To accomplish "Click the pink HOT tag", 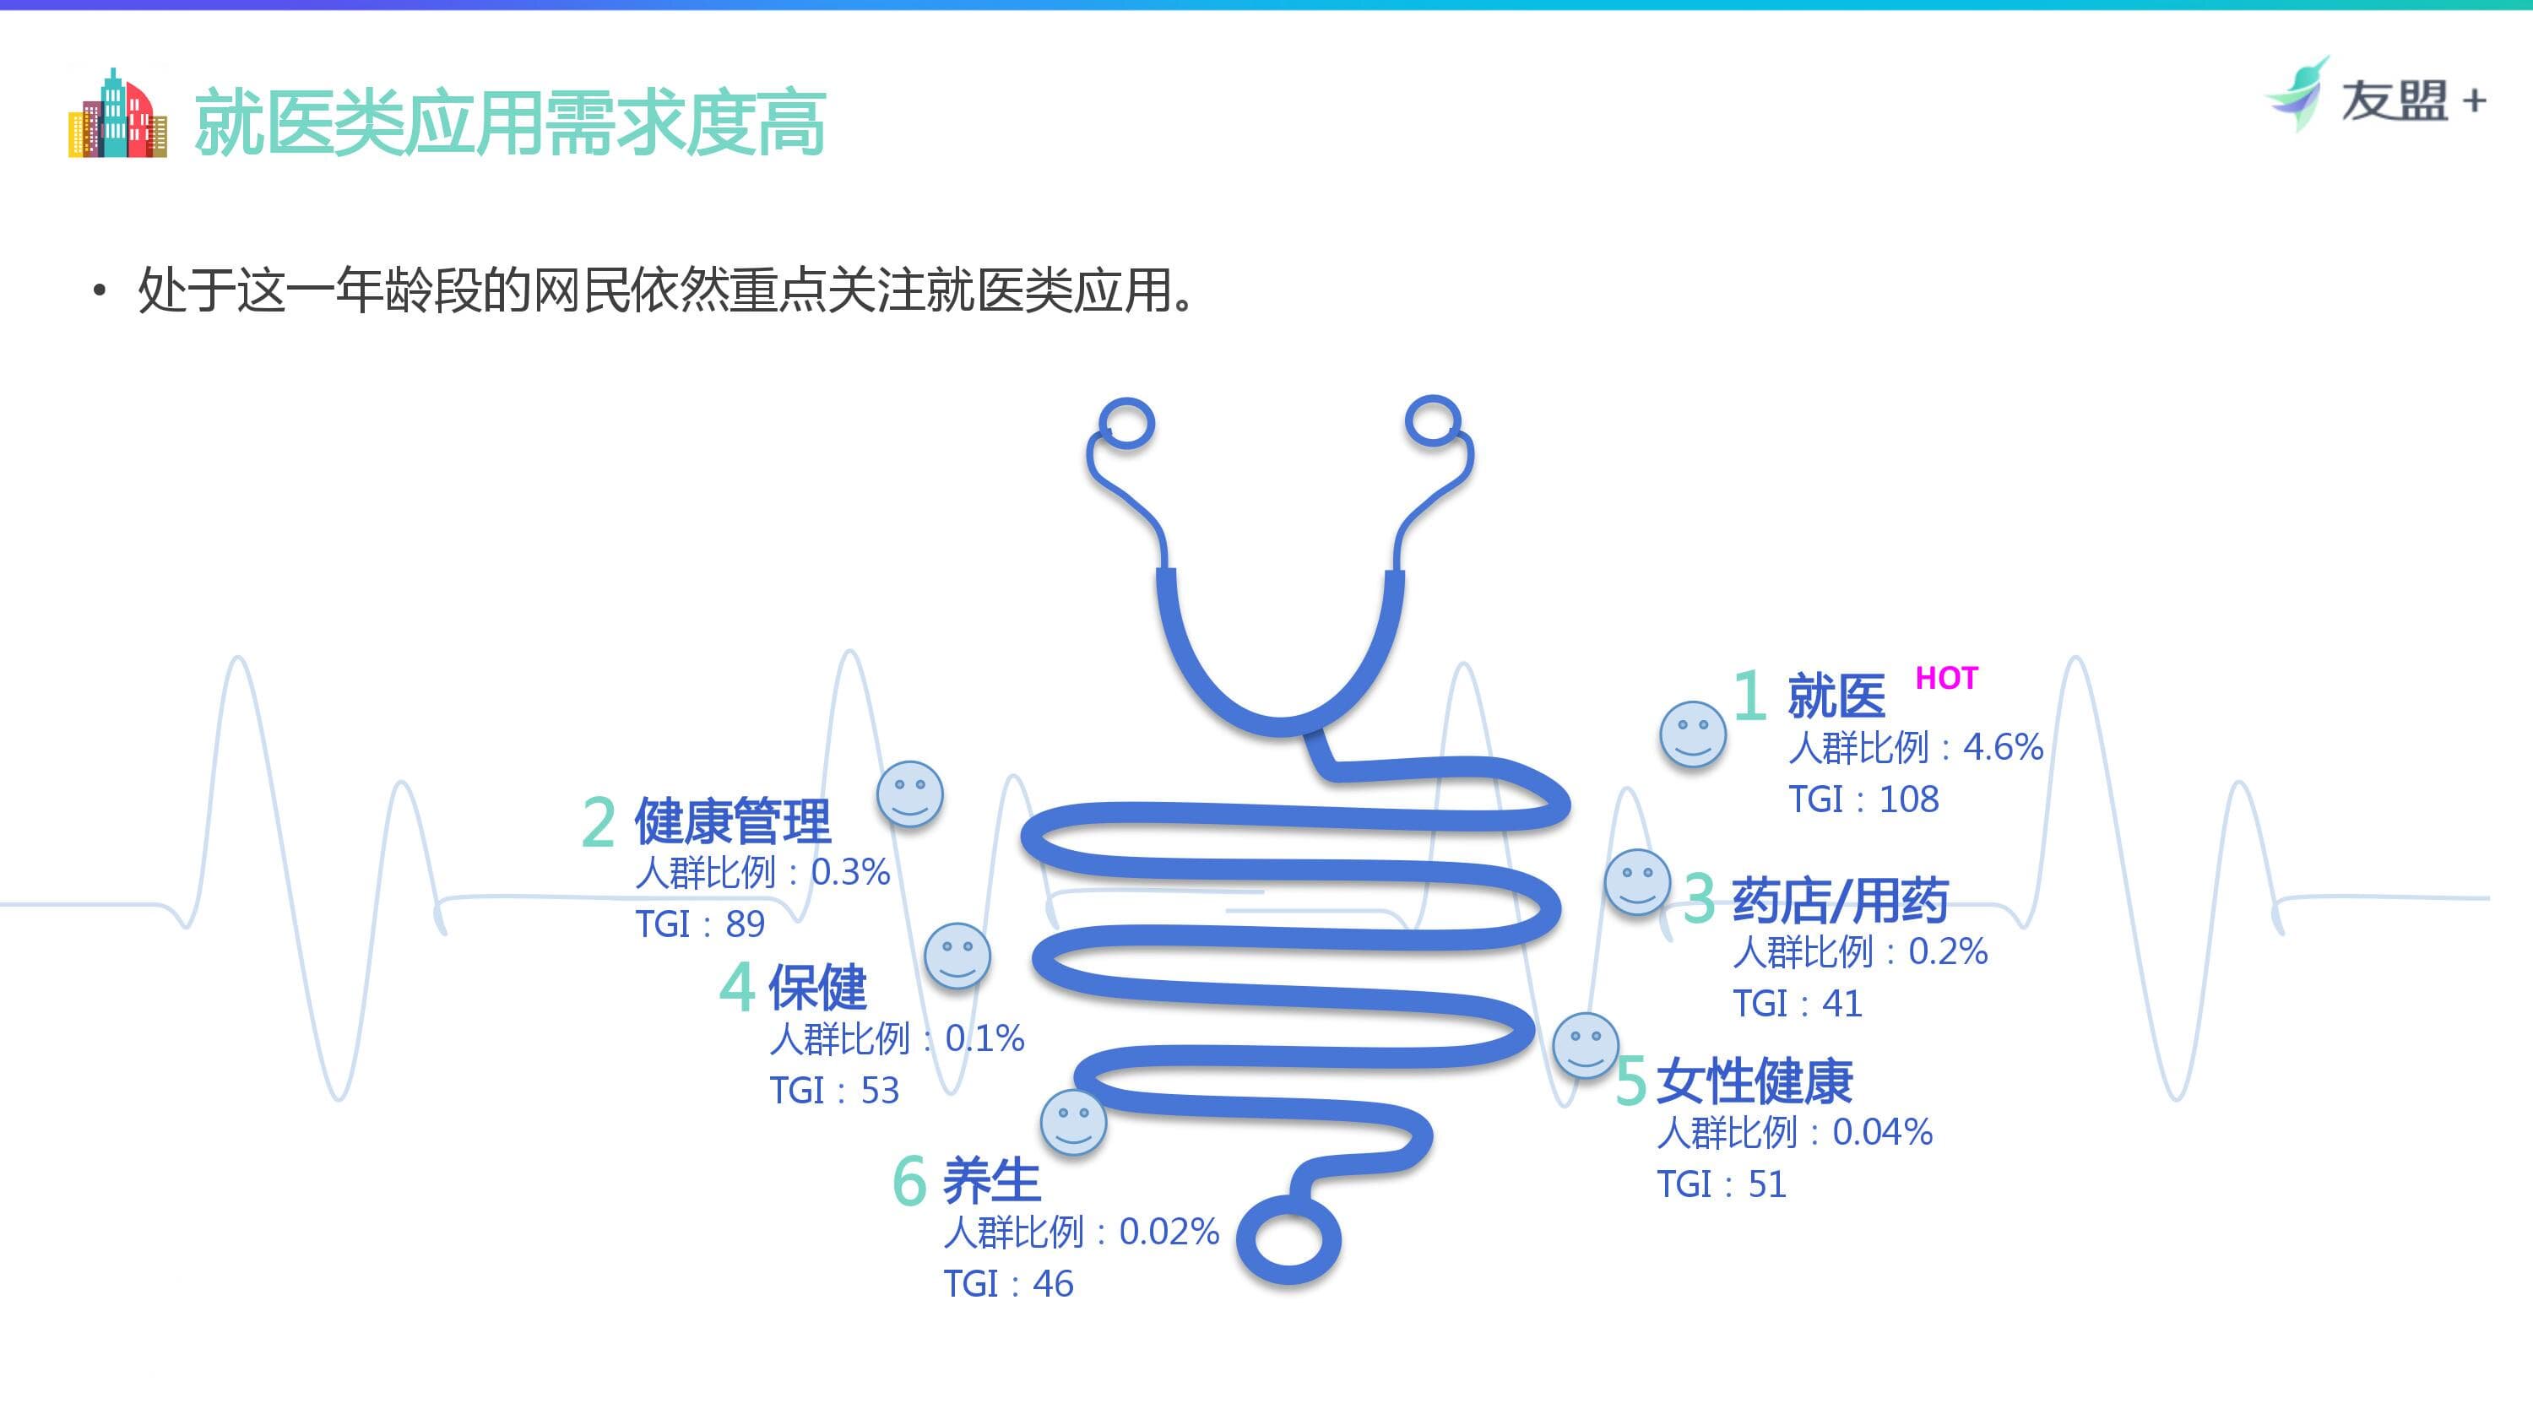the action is tap(1946, 679).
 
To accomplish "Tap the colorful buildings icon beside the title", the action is tap(117, 114).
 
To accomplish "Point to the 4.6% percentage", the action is tap(2003, 747).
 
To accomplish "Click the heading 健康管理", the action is tap(733, 821).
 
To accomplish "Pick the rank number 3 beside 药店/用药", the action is tap(1699, 899).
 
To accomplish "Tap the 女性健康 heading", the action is tap(1755, 1081).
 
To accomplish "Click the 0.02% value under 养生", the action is tap(1169, 1232).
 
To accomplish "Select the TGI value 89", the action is tap(746, 924).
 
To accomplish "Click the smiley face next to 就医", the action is tap(1692, 734).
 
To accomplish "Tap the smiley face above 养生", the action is tap(1073, 1122).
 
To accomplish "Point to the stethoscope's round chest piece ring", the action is tap(1288, 1239).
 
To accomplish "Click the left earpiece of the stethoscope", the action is tap(1127, 424).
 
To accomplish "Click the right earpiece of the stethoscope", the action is tap(1433, 422).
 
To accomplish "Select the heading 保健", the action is tap(817, 988).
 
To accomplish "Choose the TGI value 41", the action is tap(1841, 1004).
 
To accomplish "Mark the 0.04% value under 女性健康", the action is tap(1882, 1133).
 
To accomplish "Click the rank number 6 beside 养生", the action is tap(909, 1181).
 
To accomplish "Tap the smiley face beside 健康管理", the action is tap(909, 794).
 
